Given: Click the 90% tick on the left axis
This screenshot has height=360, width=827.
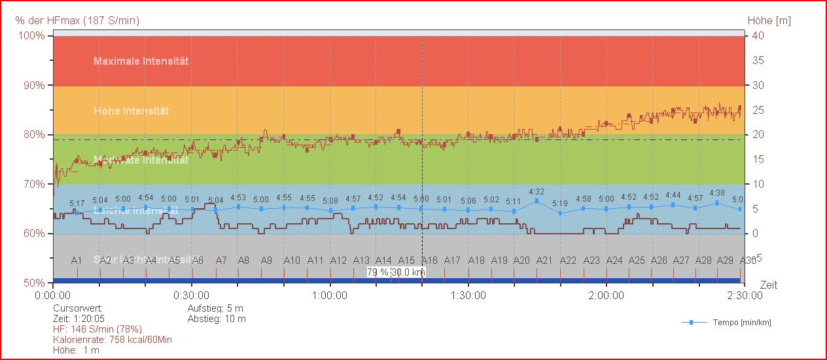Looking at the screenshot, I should point(31,85).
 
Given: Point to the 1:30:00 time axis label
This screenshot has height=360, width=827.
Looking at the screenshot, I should point(468,295).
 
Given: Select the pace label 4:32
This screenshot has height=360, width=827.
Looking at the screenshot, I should point(537,192).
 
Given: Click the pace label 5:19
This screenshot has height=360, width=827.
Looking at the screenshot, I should point(560,204).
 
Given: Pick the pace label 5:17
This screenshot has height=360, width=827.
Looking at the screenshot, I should point(77,204).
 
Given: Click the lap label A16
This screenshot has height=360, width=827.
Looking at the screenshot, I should point(429,260).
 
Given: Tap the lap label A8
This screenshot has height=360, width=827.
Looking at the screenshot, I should point(243,260).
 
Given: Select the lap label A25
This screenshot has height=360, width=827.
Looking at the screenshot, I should point(637,260).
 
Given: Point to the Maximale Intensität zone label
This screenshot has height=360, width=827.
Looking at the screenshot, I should point(141,61).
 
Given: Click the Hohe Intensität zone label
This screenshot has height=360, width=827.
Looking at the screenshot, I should point(131,111).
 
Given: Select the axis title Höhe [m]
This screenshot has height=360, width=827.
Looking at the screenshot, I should point(769,21).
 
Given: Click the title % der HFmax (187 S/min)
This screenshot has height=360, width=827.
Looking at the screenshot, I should point(77,21).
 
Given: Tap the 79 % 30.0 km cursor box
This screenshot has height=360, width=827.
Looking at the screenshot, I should point(396,272).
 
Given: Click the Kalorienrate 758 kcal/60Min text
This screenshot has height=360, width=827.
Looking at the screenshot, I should point(113,340).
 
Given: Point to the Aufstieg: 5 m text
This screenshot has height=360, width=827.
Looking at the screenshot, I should point(215,308).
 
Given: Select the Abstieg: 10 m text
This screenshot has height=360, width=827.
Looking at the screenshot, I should point(217,319).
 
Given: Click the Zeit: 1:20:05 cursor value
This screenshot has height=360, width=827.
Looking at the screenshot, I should point(80,319).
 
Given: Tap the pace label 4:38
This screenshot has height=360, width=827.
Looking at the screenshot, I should point(716,193).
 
